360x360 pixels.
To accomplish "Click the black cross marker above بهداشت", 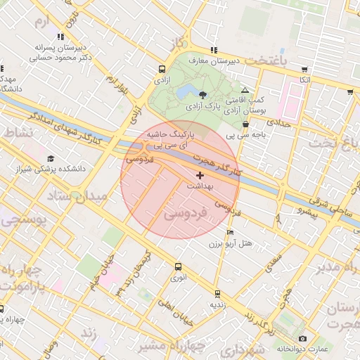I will point(200,174).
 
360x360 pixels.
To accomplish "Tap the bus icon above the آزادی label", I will point(162,70).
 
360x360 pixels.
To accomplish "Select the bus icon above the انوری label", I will point(178,266).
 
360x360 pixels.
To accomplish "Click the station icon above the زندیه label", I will point(217,293).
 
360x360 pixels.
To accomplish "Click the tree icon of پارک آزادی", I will point(203,94).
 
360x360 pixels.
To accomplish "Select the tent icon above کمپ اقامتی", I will point(245,91).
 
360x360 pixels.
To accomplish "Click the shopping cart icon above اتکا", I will point(304,70).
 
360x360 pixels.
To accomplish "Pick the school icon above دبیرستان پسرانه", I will point(60,36).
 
